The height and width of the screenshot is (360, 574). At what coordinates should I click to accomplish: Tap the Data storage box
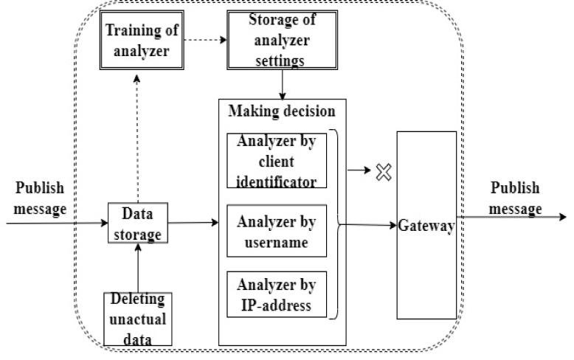pyautogui.click(x=136, y=223)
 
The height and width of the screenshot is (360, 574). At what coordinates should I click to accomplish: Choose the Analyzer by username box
pyautogui.click(x=277, y=229)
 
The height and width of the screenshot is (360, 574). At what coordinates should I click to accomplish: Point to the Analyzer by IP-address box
pyautogui.click(x=277, y=294)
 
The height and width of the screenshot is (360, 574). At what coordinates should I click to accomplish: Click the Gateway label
pyautogui.click(x=426, y=226)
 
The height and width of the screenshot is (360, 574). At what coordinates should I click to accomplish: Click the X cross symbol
pyautogui.click(x=384, y=173)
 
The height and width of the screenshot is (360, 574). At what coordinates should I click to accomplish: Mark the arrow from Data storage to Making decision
pyautogui.click(x=192, y=221)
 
